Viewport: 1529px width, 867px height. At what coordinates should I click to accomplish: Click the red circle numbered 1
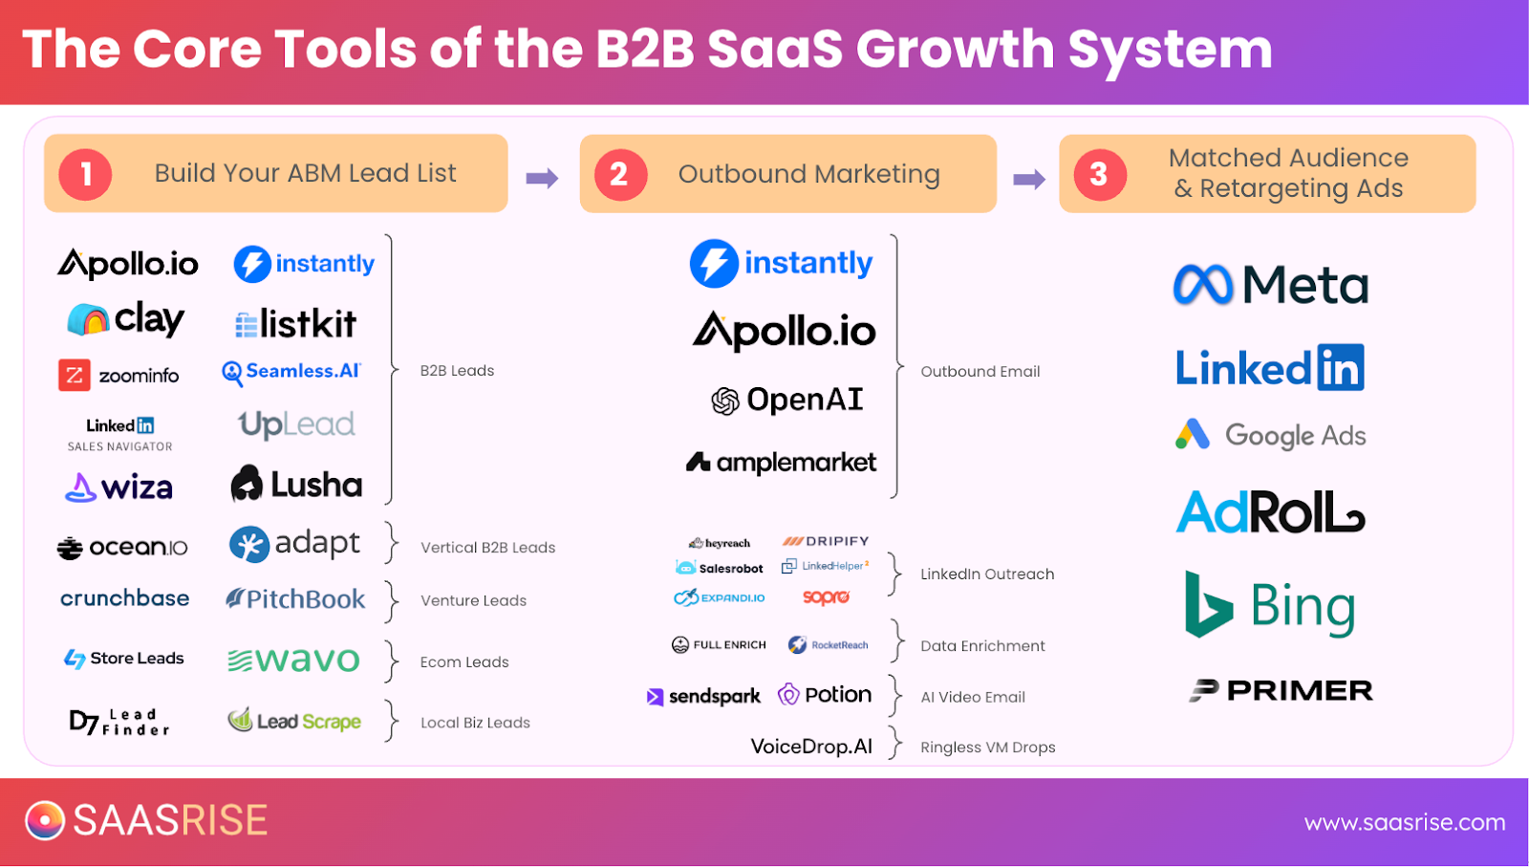click(x=85, y=174)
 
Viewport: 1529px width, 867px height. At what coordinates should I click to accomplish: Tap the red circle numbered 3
click(x=1100, y=174)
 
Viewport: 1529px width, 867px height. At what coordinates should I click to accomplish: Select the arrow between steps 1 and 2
click(x=542, y=178)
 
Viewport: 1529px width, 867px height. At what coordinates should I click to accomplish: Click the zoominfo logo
click(x=119, y=376)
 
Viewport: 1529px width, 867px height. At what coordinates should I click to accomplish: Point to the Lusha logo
click(x=296, y=485)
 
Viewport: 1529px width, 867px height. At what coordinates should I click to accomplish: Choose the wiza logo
click(x=119, y=488)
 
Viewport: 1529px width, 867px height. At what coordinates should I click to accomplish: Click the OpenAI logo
click(x=787, y=401)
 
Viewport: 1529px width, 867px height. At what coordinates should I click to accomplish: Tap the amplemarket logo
click(x=781, y=463)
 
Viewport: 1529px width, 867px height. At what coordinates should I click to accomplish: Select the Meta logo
click(x=1271, y=285)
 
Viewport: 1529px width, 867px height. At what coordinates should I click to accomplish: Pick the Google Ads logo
click(x=1271, y=436)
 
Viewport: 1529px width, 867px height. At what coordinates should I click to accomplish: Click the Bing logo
click(x=1271, y=606)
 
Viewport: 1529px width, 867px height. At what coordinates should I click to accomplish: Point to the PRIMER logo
click(x=1281, y=690)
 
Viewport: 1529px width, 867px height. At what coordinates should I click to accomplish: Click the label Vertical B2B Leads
click(x=487, y=548)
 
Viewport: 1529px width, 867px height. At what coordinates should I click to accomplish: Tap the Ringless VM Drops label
click(x=988, y=748)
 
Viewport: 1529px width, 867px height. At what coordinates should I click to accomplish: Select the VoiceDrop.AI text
click(x=811, y=747)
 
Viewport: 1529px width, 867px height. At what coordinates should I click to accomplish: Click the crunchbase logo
click(x=124, y=598)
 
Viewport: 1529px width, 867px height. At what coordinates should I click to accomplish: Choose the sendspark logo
click(x=704, y=697)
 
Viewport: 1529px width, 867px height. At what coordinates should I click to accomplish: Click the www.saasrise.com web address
click(x=1405, y=823)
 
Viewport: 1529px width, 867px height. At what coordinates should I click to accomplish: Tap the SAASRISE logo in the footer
click(x=146, y=820)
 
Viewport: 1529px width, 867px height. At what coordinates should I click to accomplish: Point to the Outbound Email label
click(x=980, y=372)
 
